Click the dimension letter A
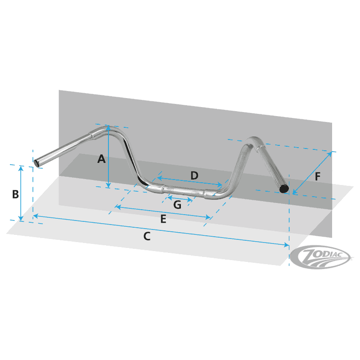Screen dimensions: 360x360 tap(101, 159)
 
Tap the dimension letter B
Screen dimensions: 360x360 tap(15, 194)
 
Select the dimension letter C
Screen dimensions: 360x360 tap(147, 236)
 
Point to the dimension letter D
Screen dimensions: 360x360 tap(194, 175)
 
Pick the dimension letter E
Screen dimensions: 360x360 tap(163, 219)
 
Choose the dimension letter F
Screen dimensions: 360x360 tap(318, 177)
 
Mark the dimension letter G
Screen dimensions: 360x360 tap(177, 205)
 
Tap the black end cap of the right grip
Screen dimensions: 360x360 tap(283, 189)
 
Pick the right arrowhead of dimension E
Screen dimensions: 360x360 tap(208, 217)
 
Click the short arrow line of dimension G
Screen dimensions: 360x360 tap(180, 198)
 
